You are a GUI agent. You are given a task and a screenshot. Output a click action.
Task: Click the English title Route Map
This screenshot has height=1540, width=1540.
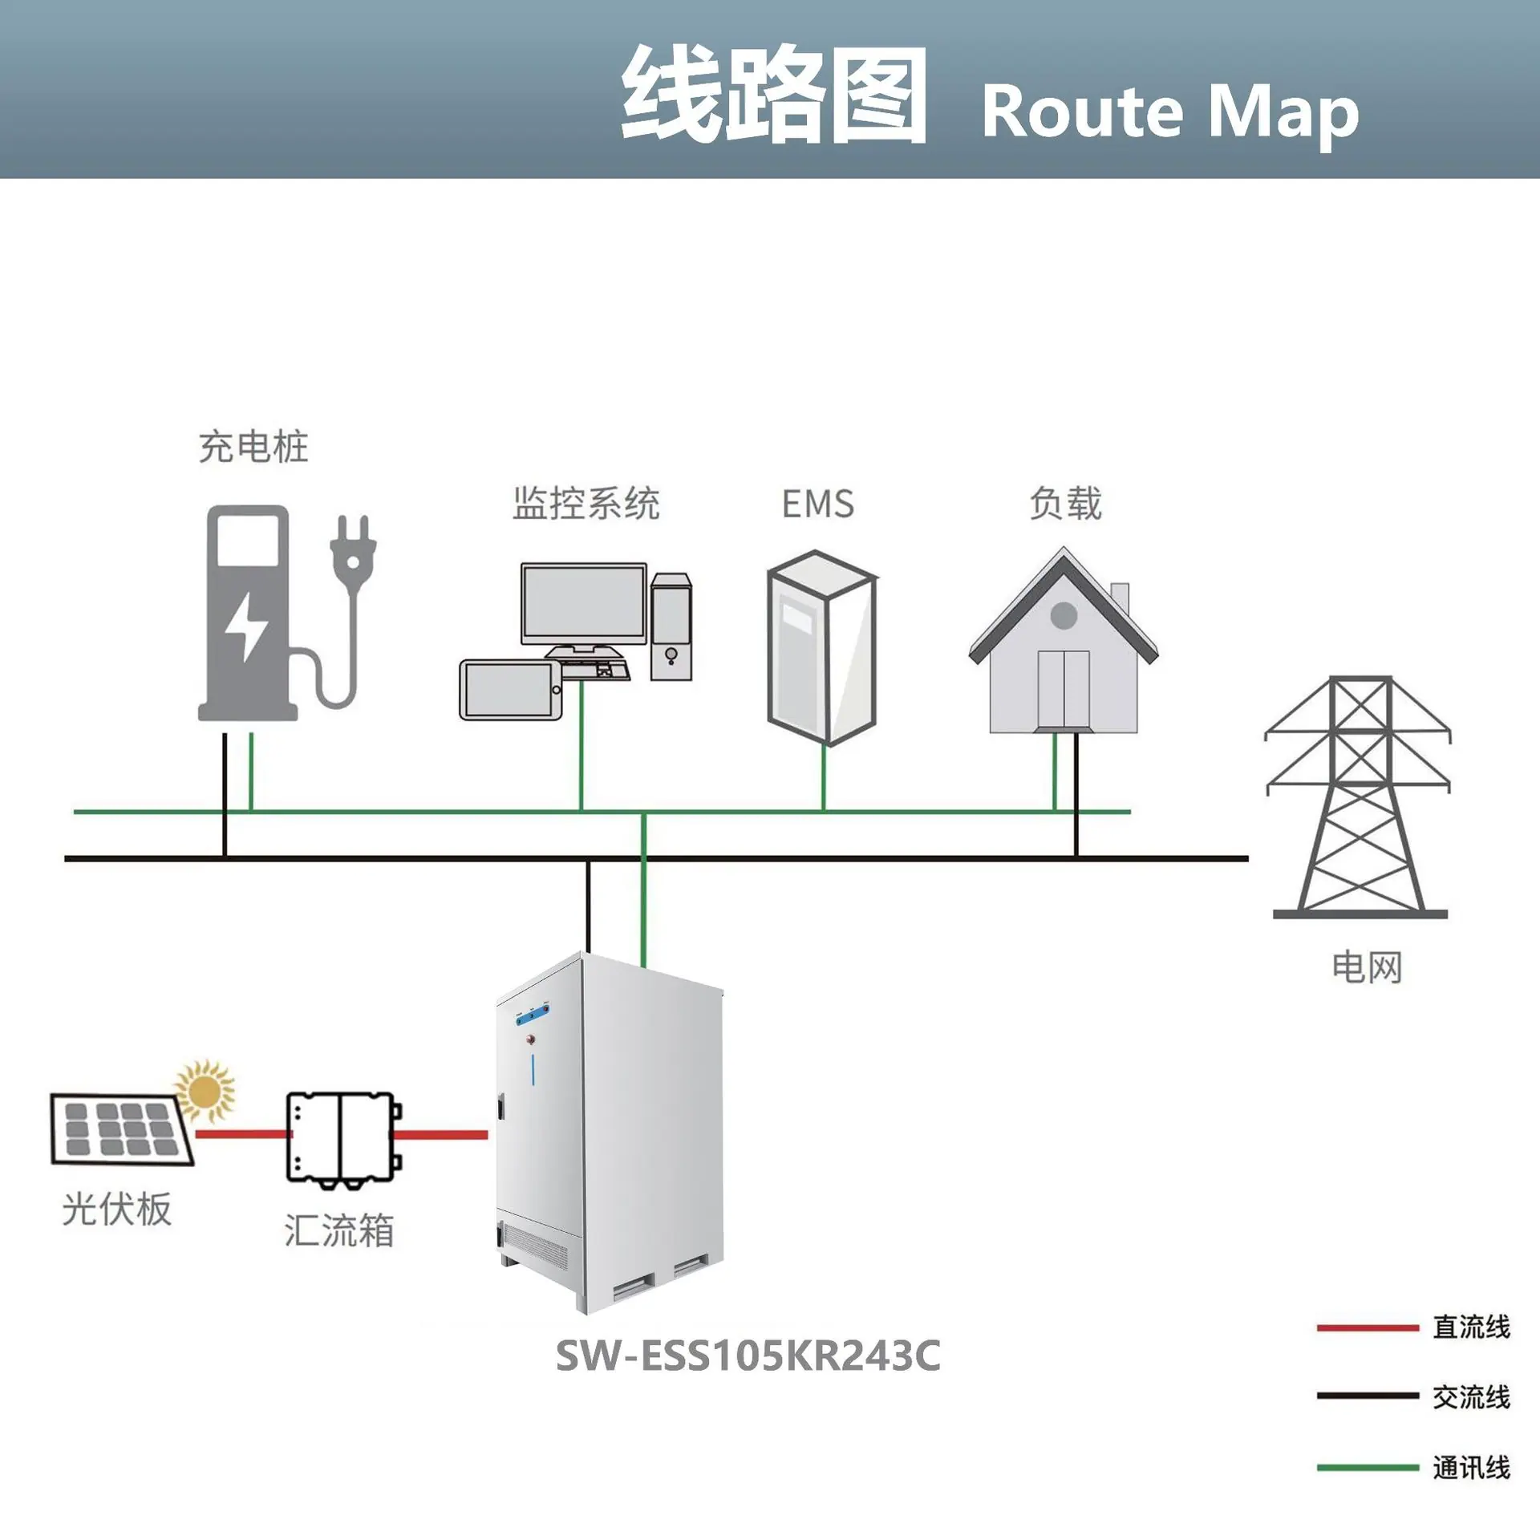(1170, 111)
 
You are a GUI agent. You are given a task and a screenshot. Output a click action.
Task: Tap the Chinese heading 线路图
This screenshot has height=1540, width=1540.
(774, 95)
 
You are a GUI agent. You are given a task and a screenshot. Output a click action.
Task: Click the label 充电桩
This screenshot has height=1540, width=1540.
(253, 446)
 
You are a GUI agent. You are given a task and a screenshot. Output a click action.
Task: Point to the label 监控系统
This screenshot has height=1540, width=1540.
(586, 503)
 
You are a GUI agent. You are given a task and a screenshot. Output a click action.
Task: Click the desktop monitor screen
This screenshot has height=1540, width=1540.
(584, 602)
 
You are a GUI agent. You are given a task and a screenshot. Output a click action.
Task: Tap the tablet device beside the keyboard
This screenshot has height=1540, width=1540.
(511, 690)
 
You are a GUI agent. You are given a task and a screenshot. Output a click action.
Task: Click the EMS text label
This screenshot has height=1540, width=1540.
(818, 505)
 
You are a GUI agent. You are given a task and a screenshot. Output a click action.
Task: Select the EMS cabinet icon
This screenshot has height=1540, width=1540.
(822, 647)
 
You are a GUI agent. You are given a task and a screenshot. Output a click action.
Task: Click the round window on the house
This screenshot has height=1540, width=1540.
(1064, 616)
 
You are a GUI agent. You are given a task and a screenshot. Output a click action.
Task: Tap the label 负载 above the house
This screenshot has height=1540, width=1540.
(1066, 503)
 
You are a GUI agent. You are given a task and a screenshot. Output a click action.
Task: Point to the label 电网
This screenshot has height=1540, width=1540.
(1367, 967)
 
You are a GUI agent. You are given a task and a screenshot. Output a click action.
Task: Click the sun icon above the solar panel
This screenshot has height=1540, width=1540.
(205, 1090)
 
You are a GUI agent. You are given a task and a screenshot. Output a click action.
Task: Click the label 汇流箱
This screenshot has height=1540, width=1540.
(339, 1230)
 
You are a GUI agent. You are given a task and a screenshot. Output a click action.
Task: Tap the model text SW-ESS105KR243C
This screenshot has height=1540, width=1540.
(748, 1356)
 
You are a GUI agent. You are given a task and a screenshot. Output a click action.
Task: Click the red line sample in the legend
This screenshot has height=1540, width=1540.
(1368, 1328)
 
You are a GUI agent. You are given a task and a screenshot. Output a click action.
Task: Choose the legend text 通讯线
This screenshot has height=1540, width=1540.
(1472, 1468)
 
